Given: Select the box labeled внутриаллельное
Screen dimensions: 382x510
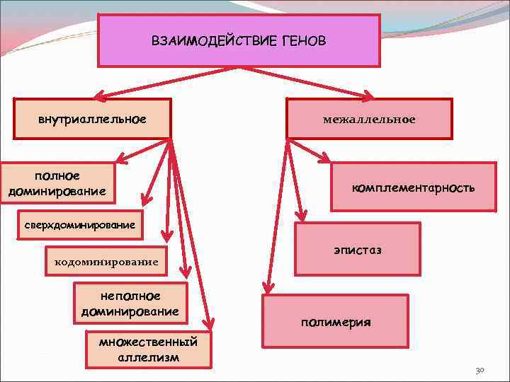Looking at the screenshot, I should (93, 117).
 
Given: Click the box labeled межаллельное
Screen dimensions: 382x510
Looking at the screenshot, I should (369, 119).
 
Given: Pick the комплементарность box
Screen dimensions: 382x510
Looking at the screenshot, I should (414, 187).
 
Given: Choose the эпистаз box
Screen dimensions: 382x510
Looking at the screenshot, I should (357, 250).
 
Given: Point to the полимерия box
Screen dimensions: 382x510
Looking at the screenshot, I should (335, 321).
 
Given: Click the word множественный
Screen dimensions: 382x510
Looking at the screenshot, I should (148, 342).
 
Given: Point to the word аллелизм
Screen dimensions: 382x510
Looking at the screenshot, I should (148, 357).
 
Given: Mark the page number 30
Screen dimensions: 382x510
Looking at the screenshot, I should (479, 370).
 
